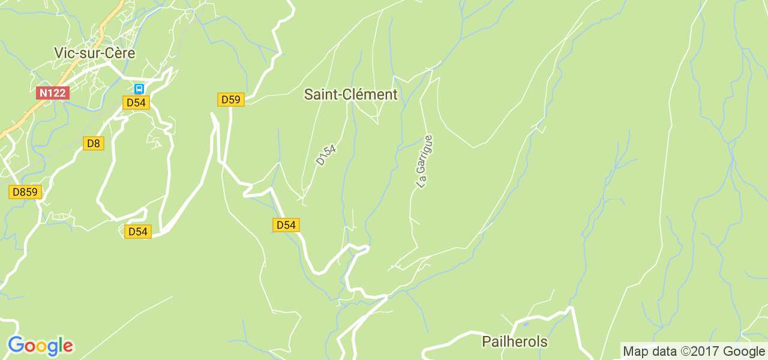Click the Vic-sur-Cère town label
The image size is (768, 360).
pyautogui.click(x=94, y=53)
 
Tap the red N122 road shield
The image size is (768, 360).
pyautogui.click(x=53, y=93)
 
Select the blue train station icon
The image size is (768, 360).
pyautogui.click(x=139, y=89)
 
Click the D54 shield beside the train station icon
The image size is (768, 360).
pyautogui.click(x=136, y=103)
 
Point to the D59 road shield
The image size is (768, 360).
pyautogui.click(x=230, y=100)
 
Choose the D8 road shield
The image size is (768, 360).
pyautogui.click(x=93, y=143)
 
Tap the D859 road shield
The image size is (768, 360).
pyautogui.click(x=25, y=192)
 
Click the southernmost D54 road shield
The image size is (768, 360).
pyautogui.click(x=138, y=232)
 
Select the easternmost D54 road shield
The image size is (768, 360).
pyautogui.click(x=286, y=225)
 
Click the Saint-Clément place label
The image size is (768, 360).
pyautogui.click(x=350, y=94)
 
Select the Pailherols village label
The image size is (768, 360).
pyautogui.click(x=515, y=342)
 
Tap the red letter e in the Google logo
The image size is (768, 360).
pyautogui.click(x=68, y=347)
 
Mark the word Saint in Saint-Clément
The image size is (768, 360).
pyautogui.click(x=320, y=94)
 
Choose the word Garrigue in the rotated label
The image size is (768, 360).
pyautogui.click(x=426, y=155)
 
